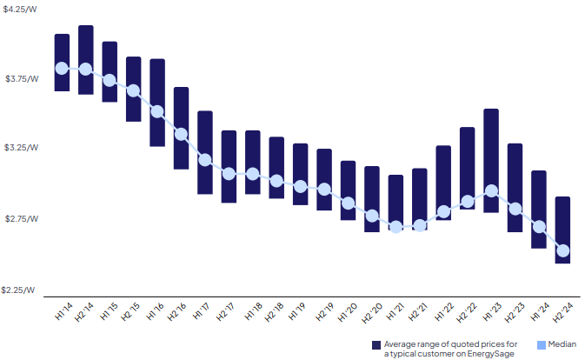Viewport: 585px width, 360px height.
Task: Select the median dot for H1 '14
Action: (x=62, y=68)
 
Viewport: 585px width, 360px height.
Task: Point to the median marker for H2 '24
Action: (x=562, y=250)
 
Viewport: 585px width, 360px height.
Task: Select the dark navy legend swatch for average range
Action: (x=376, y=344)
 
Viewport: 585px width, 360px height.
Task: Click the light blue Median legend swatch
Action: (x=542, y=344)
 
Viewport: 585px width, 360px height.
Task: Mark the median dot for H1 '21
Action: (x=396, y=226)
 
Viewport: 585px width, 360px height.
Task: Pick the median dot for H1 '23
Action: (x=491, y=190)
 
